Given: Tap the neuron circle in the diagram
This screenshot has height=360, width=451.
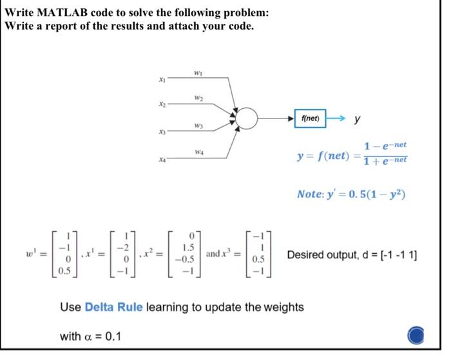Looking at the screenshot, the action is pos(247,118).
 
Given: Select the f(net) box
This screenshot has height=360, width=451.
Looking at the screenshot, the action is pos(311,118).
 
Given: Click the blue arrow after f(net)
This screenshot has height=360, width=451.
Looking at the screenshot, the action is pos(339,118).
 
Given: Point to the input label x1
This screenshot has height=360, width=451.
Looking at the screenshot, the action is pos(162,79).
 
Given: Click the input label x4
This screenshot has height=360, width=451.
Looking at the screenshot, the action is pos(162,156).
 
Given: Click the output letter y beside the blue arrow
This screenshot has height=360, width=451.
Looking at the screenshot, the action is pos(358,119).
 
